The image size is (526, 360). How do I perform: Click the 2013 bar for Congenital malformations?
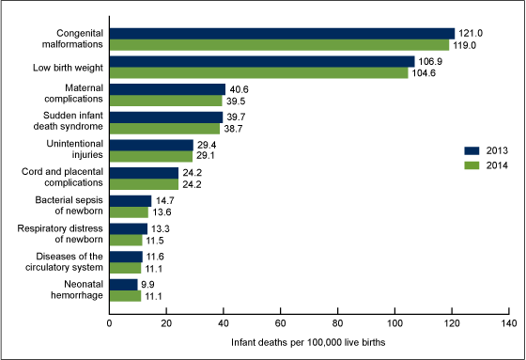pos(282,33)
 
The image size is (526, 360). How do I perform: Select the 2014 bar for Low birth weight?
pos(259,72)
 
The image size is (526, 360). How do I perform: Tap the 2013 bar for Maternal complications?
pos(167,89)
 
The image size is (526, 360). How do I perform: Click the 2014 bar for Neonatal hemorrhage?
pos(126,295)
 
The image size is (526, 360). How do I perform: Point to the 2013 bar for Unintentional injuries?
pos(151,145)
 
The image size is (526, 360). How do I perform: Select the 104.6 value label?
pos(425,72)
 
